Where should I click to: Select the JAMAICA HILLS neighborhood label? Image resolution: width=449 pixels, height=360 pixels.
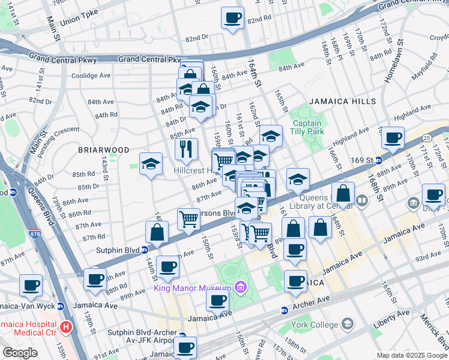[333, 103]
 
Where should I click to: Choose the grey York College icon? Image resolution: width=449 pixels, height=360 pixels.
[347, 324]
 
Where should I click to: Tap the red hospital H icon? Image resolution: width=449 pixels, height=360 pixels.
[67, 328]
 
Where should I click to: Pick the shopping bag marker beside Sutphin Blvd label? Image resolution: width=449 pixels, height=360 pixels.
[157, 232]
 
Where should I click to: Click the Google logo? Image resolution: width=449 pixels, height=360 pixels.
[20, 353]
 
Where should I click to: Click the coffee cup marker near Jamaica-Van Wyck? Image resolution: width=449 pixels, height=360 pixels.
[31, 285]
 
